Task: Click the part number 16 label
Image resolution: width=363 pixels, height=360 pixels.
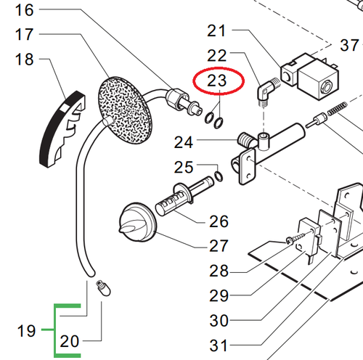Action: tap(24, 10)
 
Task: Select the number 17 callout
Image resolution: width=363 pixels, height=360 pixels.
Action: tap(24, 34)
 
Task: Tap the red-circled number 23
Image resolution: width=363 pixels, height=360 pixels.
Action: tap(217, 80)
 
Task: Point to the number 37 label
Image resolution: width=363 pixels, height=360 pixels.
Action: tap(349, 45)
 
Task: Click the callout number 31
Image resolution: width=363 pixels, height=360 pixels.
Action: tap(219, 345)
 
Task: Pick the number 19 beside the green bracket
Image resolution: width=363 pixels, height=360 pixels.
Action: tap(26, 331)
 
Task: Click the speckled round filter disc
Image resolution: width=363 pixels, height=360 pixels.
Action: tap(125, 110)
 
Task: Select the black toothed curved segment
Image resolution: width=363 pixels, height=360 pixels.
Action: tap(62, 129)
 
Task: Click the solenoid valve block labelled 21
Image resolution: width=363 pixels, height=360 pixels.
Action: tap(310, 76)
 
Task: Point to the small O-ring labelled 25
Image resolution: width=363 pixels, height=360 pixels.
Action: tap(219, 176)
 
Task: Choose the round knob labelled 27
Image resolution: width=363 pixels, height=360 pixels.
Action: tap(137, 222)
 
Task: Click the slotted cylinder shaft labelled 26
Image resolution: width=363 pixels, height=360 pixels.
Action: tap(184, 196)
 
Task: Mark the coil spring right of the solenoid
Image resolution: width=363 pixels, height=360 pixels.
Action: tap(338, 109)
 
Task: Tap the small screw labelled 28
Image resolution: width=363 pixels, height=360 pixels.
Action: tap(295, 238)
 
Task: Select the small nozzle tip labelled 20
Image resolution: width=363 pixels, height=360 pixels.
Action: tap(103, 288)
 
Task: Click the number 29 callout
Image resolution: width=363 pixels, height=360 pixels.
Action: tap(219, 295)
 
